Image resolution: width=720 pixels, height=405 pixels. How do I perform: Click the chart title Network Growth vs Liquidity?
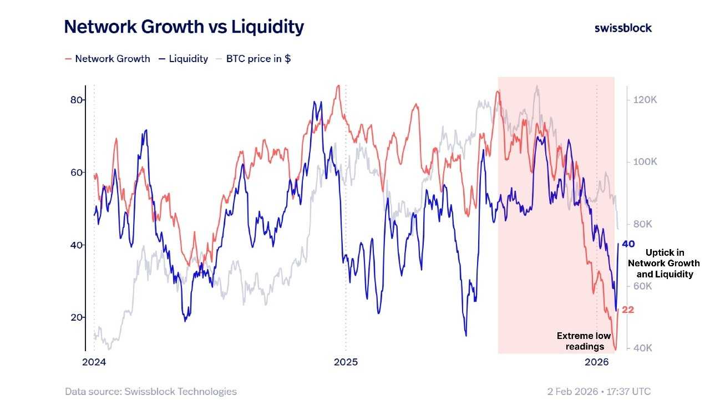point(184,27)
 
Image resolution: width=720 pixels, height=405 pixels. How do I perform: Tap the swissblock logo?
point(623,28)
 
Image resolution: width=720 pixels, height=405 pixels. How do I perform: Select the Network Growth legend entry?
point(108,59)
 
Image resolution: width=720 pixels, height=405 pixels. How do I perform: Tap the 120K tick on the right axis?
point(645,100)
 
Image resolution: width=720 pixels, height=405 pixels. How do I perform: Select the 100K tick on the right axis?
point(645,162)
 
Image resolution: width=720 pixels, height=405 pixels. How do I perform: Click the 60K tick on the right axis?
point(645,286)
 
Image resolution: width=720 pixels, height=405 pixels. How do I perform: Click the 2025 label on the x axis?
point(346,363)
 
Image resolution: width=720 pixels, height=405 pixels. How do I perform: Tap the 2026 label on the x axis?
point(597,363)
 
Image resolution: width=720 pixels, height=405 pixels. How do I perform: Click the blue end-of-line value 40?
point(628,244)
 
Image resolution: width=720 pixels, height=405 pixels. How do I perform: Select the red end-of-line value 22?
point(628,310)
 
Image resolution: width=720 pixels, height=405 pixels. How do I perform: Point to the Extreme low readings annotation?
point(584,341)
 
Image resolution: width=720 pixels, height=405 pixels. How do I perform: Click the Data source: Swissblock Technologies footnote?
point(151,392)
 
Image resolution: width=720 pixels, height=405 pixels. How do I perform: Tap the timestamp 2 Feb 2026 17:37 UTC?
point(599,392)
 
